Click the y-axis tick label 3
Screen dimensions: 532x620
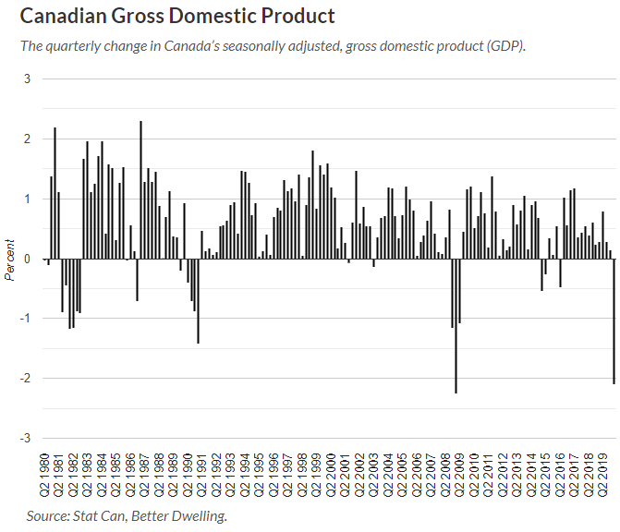pos(27,79)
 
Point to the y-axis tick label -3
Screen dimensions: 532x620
pos(25,438)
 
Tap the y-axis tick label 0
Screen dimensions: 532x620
pos(27,259)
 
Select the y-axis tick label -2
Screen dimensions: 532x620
pos(25,379)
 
